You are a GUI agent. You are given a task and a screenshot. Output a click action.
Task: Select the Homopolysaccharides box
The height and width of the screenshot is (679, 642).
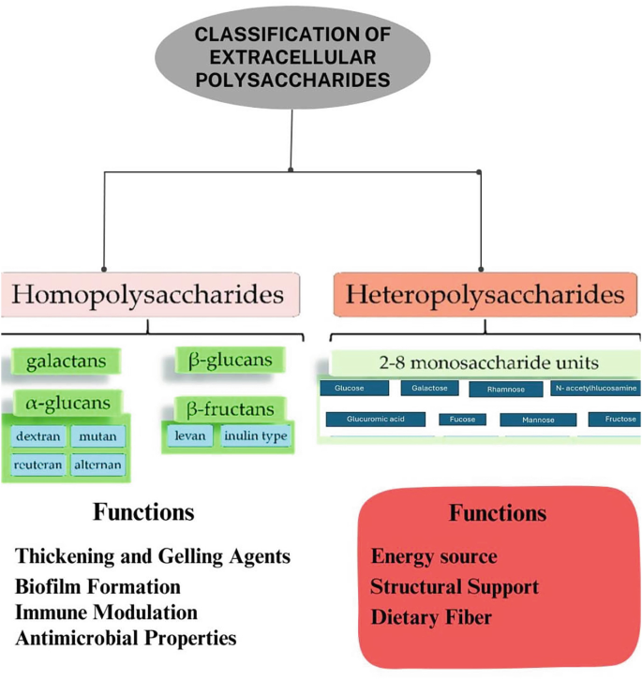[x=150, y=296]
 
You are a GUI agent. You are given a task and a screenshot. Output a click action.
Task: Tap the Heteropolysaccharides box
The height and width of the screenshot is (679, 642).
[x=485, y=296]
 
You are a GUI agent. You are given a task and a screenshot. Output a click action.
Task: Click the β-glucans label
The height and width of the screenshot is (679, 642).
[x=230, y=361]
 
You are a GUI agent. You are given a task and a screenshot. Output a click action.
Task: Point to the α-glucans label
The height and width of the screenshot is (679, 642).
[x=68, y=403]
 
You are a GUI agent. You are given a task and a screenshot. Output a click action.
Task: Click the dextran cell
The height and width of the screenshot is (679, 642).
[x=38, y=435]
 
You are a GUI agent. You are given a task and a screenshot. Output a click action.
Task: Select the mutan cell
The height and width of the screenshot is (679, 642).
[x=97, y=435]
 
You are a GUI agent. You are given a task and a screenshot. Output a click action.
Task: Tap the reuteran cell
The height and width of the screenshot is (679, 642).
[x=38, y=464]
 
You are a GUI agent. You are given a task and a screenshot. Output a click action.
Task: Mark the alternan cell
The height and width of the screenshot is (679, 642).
[x=97, y=464]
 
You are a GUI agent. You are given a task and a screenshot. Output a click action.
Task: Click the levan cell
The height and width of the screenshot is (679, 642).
[x=189, y=435]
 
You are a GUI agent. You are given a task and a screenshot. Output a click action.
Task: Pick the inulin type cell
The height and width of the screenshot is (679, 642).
[x=256, y=435]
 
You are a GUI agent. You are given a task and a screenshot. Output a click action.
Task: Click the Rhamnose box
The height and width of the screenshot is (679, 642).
[x=505, y=390]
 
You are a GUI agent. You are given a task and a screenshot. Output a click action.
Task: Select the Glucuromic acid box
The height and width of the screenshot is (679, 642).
[x=375, y=420]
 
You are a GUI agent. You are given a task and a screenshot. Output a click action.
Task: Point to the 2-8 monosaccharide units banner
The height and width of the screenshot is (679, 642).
[x=485, y=362]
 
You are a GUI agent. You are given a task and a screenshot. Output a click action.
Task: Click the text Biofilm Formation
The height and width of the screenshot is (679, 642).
[x=97, y=586]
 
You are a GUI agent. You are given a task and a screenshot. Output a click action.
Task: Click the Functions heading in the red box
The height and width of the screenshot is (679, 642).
[x=497, y=513]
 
